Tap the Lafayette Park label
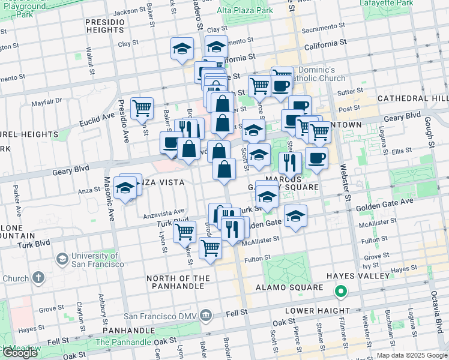pos(387,3)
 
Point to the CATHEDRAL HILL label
pos(413,98)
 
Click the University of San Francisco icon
pos(61,259)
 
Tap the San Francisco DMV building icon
pos(206,315)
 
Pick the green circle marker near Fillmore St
pos(340,292)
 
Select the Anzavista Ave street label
pos(163,212)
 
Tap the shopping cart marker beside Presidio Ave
pos(142,109)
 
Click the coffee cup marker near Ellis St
pos(316,158)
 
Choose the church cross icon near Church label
pos(38,278)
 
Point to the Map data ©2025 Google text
pos(411,356)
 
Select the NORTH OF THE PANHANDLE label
pos(179,283)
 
